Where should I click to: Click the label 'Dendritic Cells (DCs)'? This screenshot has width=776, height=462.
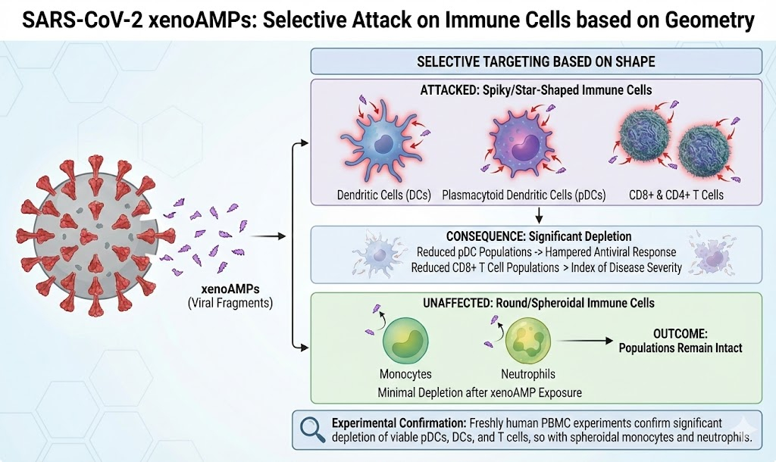(x=384, y=195)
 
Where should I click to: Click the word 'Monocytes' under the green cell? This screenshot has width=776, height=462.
(x=405, y=374)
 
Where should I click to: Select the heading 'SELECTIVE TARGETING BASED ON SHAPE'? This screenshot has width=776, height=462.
(x=536, y=61)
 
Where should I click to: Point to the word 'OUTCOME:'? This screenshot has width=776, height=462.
(x=678, y=334)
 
